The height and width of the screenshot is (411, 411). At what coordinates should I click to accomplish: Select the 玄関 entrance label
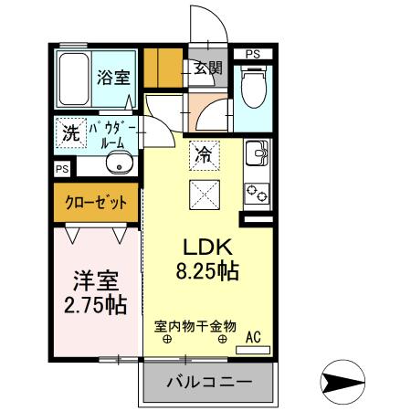pos(207,68)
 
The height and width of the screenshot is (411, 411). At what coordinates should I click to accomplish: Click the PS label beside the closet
pos(61,169)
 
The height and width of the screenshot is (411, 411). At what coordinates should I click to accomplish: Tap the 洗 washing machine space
pos(69,132)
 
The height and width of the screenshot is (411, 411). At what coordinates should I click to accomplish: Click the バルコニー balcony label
pos(208,383)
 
